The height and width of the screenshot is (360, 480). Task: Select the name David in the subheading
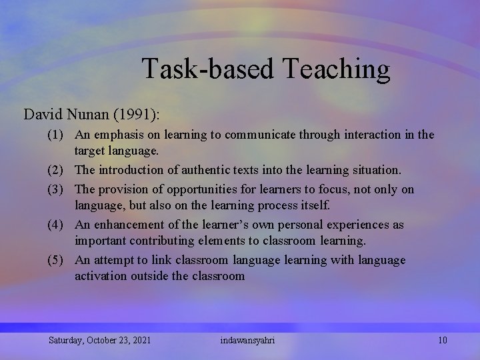[43, 114]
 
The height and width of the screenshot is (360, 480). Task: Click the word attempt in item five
[114, 260]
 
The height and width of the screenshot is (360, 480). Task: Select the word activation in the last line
[99, 275]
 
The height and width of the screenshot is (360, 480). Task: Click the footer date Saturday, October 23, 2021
[99, 341]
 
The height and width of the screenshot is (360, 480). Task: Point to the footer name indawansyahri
[247, 341]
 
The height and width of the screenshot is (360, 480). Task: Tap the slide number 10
[443, 341]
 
